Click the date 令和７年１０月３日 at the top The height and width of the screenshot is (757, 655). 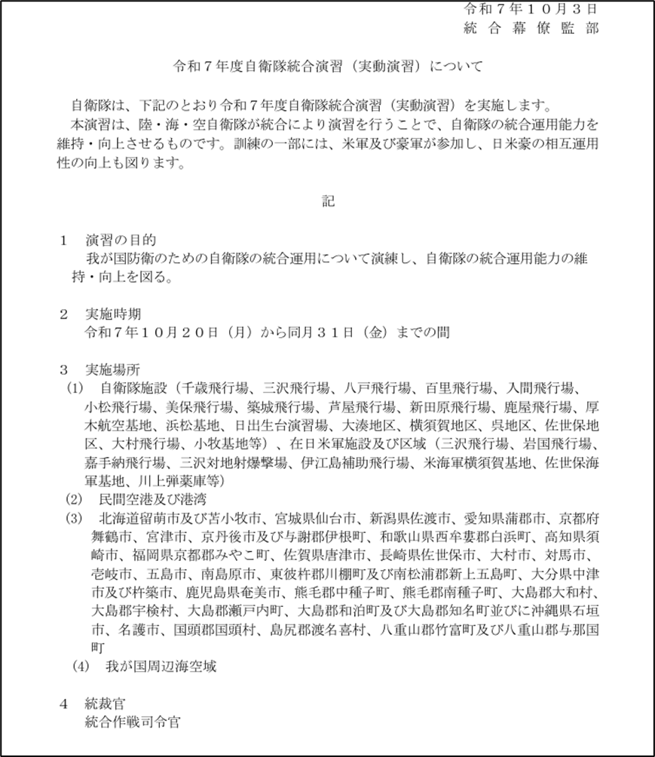tap(532, 10)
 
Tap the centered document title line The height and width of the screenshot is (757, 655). tap(327, 66)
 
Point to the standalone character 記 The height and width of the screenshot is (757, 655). tap(326, 201)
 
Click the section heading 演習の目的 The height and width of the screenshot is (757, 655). tap(121, 241)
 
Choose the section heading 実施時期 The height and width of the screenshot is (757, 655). tap(112, 313)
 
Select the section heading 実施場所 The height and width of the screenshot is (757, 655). tap(112, 370)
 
